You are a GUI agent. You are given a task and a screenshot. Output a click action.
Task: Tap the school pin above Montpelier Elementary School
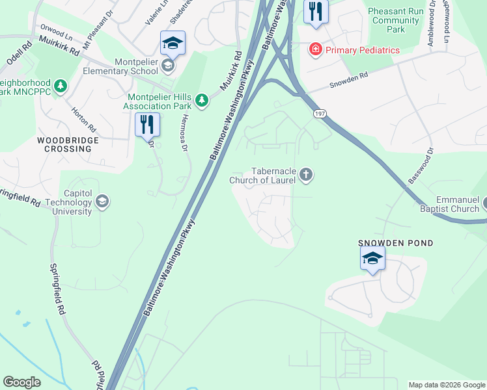[x=173, y=44]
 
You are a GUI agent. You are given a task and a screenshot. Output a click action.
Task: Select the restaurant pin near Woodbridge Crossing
[x=147, y=123]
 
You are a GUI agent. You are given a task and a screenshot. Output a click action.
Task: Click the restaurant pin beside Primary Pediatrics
[x=316, y=12]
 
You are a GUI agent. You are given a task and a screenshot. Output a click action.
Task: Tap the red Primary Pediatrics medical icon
[x=315, y=49]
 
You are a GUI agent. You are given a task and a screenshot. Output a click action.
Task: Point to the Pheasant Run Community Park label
[x=396, y=20]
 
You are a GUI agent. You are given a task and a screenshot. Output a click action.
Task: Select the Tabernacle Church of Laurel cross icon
[x=306, y=174]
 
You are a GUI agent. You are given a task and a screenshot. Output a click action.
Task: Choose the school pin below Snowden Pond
[x=372, y=259]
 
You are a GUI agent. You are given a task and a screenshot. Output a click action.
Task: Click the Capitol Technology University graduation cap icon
[x=102, y=202]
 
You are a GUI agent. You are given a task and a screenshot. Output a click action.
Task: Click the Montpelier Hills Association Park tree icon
[x=202, y=99]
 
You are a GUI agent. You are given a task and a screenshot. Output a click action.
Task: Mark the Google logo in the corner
[x=21, y=382]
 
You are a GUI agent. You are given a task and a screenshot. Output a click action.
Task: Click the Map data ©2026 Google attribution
[x=447, y=385]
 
